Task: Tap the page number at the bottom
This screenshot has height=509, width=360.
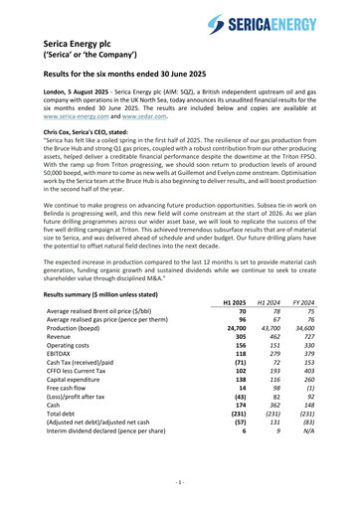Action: (x=180, y=482)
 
